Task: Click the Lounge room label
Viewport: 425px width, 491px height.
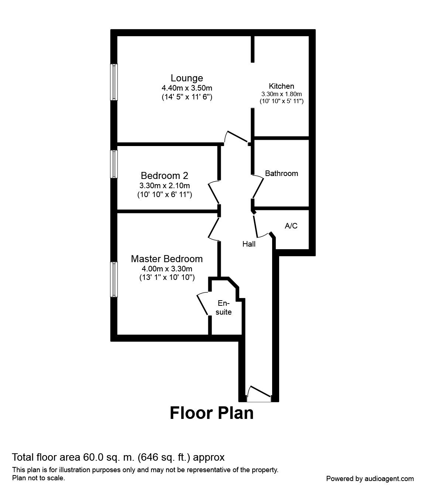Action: click(x=186, y=78)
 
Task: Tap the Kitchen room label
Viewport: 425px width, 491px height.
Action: click(x=281, y=86)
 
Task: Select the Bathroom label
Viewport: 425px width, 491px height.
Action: click(x=281, y=173)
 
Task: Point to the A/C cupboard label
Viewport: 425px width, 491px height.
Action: click(x=291, y=226)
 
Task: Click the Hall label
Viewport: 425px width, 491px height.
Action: click(x=249, y=244)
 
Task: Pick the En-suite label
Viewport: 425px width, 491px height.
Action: click(x=223, y=308)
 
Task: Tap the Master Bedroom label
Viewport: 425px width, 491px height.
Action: click(x=167, y=259)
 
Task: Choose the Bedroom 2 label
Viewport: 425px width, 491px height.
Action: click(x=164, y=175)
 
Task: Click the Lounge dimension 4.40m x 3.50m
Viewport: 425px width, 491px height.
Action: click(x=186, y=88)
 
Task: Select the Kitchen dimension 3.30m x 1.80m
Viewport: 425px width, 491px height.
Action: click(x=281, y=94)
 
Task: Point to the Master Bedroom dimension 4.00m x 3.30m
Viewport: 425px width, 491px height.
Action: click(x=167, y=269)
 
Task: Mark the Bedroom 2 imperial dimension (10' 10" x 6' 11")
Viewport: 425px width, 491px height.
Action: click(x=164, y=194)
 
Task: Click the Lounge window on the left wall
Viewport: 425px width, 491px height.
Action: click(x=114, y=82)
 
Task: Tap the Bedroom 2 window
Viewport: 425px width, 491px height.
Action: click(x=114, y=164)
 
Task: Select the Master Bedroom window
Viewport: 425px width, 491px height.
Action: click(x=114, y=279)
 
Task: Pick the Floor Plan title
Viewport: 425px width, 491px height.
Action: click(x=212, y=413)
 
